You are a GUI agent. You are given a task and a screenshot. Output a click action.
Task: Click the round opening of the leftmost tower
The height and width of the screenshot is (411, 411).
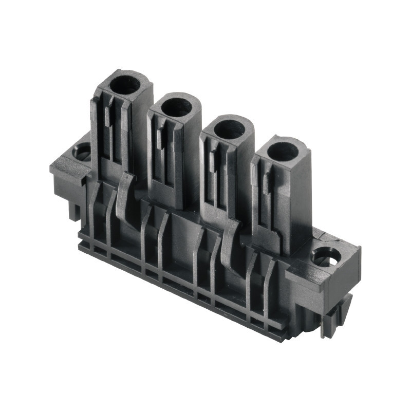125,84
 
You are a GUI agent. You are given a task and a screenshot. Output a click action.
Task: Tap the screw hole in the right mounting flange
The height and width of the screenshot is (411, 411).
327,255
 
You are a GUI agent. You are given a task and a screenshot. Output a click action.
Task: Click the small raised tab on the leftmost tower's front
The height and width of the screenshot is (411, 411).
107,118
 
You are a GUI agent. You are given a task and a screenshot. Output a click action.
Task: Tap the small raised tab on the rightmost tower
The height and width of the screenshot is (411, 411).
266,184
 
